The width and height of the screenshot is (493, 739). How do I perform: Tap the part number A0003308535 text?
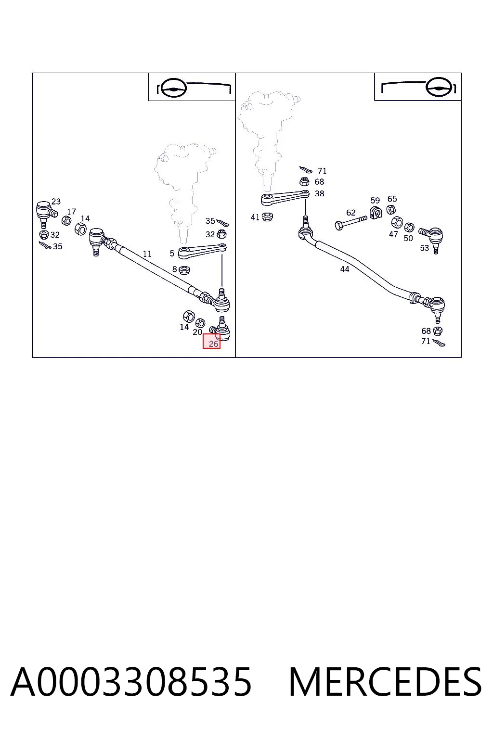(131, 682)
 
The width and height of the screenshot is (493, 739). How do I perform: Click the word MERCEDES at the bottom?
(385, 682)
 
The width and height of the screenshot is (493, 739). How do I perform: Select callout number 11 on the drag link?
(147, 254)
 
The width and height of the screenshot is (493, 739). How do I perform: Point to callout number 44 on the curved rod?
(344, 269)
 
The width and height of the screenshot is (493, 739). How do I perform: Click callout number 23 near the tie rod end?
(56, 201)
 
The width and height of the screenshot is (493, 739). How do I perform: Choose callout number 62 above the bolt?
(350, 213)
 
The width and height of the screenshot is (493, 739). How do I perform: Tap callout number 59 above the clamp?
(375, 200)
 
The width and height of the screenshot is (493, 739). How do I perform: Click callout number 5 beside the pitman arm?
(172, 254)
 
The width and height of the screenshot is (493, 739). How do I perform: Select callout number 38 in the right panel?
(319, 193)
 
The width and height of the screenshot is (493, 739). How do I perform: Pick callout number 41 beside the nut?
(255, 217)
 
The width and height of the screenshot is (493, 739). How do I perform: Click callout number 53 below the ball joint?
(424, 248)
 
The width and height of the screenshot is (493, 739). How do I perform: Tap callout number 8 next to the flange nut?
(174, 269)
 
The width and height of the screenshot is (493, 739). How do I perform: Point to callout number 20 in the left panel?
(197, 332)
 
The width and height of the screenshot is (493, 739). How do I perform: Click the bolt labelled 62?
(350, 223)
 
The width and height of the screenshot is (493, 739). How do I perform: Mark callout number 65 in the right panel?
(392, 199)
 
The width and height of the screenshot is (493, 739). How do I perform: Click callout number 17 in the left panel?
(71, 212)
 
